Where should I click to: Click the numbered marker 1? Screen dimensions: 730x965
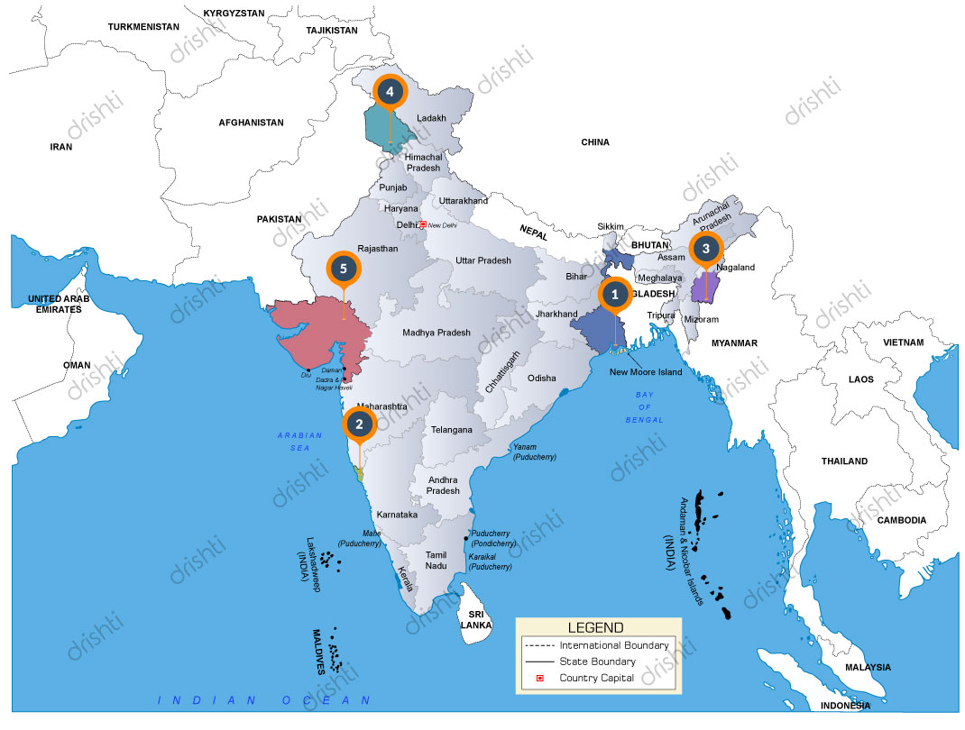tap(615, 294)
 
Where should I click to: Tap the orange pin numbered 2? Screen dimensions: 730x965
tap(359, 424)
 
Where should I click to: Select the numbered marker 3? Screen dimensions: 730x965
tap(706, 248)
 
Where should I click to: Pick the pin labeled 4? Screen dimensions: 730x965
tap(390, 91)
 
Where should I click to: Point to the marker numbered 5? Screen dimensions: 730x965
tap(343, 268)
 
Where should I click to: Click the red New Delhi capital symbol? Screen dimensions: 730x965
tap(422, 224)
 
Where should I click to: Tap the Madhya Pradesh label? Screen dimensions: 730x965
tap(437, 333)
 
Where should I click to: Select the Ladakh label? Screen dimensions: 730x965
tap(431, 118)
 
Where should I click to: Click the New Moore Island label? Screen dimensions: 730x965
tap(647, 372)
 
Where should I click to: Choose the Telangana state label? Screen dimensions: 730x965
tap(452, 430)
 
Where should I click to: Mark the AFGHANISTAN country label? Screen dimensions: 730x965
tap(251, 123)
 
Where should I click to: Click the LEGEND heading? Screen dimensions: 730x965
tap(595, 627)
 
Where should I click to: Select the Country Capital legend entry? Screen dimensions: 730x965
tap(596, 678)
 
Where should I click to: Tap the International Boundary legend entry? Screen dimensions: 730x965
tap(614, 645)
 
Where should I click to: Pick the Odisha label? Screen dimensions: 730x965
tap(542, 379)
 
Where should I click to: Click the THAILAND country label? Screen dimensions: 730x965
tap(844, 461)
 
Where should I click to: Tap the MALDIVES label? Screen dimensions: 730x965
tap(318, 652)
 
